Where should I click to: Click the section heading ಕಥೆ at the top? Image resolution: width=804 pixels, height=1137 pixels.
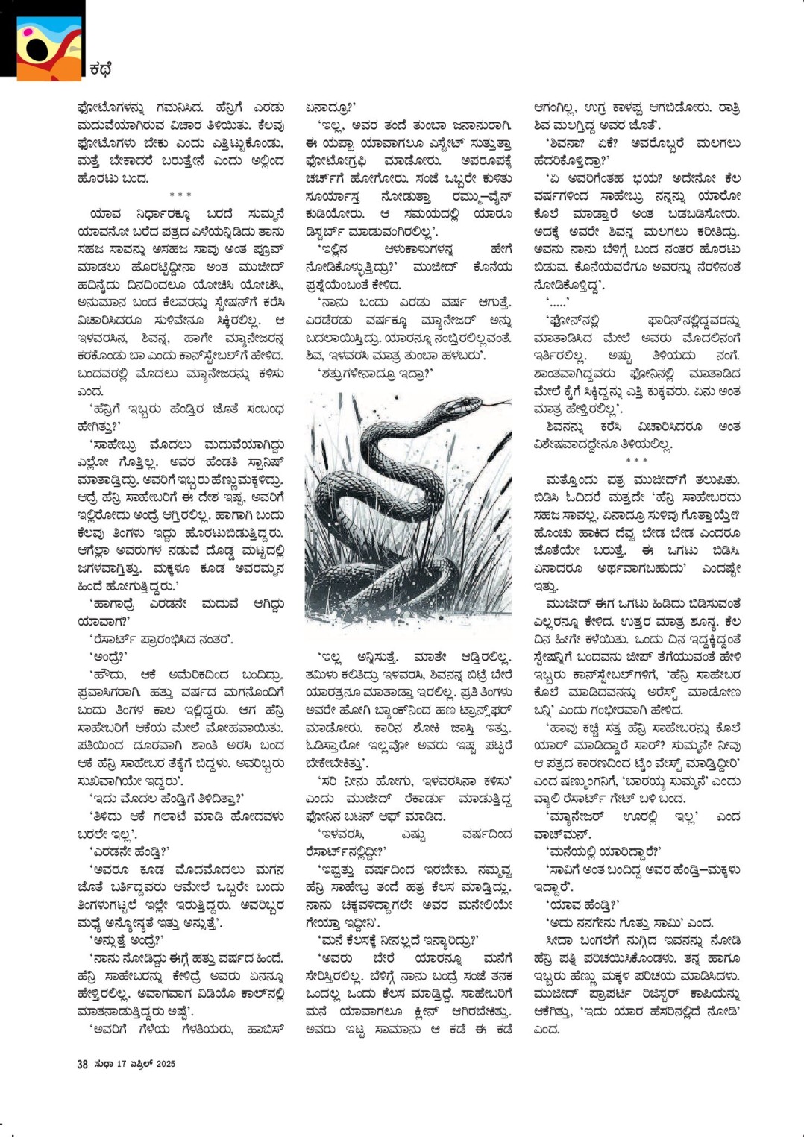click(101, 69)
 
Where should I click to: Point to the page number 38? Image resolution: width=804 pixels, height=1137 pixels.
click(82, 1064)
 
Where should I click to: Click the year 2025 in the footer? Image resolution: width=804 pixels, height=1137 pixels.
click(165, 1064)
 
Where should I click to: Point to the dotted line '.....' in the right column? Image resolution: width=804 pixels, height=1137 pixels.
click(557, 303)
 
